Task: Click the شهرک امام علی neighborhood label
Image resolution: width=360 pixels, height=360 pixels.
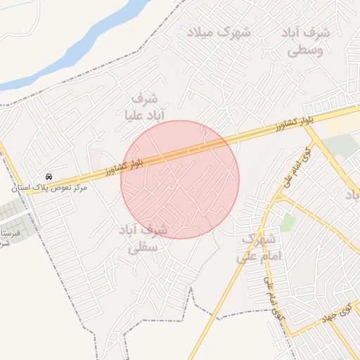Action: [262, 247]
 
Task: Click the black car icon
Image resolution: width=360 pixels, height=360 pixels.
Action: [49, 176]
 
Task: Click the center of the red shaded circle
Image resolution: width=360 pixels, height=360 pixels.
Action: [180, 179]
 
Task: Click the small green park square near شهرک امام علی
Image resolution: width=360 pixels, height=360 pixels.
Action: [287, 222]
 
